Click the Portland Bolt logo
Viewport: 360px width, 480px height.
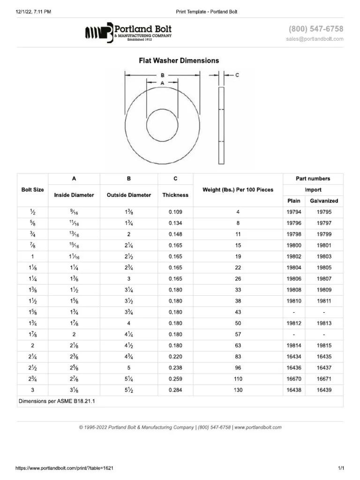click(x=128, y=32)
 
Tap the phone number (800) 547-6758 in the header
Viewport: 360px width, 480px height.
click(x=316, y=29)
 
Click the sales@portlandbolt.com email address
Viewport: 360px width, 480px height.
click(x=315, y=39)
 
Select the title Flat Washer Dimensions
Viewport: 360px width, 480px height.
click(x=179, y=60)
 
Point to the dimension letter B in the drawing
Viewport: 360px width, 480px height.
click(x=162, y=75)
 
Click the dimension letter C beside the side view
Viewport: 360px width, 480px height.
click(x=237, y=75)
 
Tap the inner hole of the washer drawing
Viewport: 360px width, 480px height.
click(x=162, y=126)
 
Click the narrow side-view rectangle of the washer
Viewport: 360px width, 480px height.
click(x=221, y=125)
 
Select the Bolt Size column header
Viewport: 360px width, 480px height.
click(x=33, y=190)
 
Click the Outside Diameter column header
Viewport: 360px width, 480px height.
click(x=129, y=195)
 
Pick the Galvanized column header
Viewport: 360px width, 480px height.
click(x=324, y=201)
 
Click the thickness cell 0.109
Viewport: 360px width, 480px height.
click(x=175, y=212)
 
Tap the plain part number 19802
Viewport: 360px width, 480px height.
click(x=294, y=256)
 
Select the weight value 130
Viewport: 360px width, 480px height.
click(x=238, y=390)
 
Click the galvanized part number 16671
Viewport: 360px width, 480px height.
click(x=324, y=379)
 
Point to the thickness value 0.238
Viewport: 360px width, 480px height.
click(x=175, y=368)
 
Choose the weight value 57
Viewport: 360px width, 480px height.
click(x=238, y=335)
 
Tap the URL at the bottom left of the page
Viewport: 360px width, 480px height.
click(x=65, y=468)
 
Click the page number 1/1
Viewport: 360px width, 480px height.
click(x=341, y=468)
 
